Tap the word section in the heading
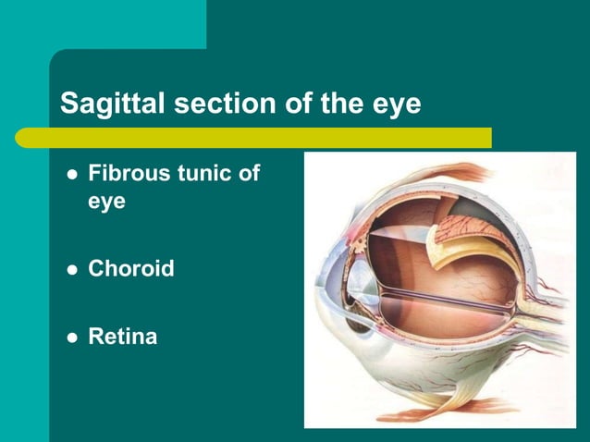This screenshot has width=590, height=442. click(x=215, y=104)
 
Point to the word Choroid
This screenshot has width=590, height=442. click(x=130, y=270)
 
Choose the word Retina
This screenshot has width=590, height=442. click(x=122, y=337)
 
